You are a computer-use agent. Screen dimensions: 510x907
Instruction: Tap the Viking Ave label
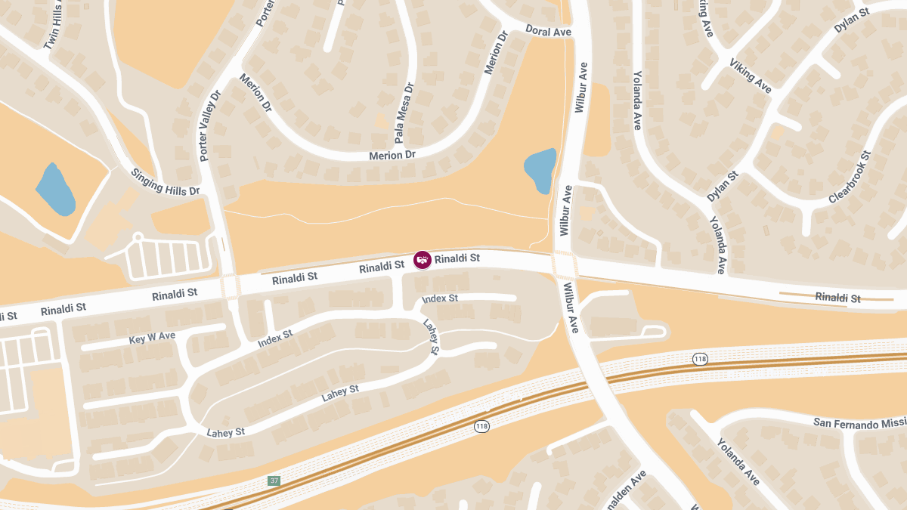750,76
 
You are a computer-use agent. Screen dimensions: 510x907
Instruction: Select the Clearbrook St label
850,177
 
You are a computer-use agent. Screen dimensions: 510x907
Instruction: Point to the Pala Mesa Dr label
404,114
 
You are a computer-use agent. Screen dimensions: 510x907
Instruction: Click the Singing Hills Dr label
165,181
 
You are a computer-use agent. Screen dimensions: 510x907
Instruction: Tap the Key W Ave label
152,336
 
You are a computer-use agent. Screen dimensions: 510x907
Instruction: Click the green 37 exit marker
274,481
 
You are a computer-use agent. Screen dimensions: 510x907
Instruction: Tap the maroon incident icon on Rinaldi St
423,260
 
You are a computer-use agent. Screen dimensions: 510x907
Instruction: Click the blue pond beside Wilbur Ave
540,170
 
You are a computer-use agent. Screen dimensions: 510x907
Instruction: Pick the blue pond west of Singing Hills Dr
55,189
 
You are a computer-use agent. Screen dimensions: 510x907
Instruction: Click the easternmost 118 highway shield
700,358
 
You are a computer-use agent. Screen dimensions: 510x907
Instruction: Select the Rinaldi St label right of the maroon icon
457,258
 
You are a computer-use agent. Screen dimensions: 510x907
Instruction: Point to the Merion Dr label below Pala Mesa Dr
392,155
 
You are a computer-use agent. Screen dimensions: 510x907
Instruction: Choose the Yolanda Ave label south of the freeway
738,462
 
